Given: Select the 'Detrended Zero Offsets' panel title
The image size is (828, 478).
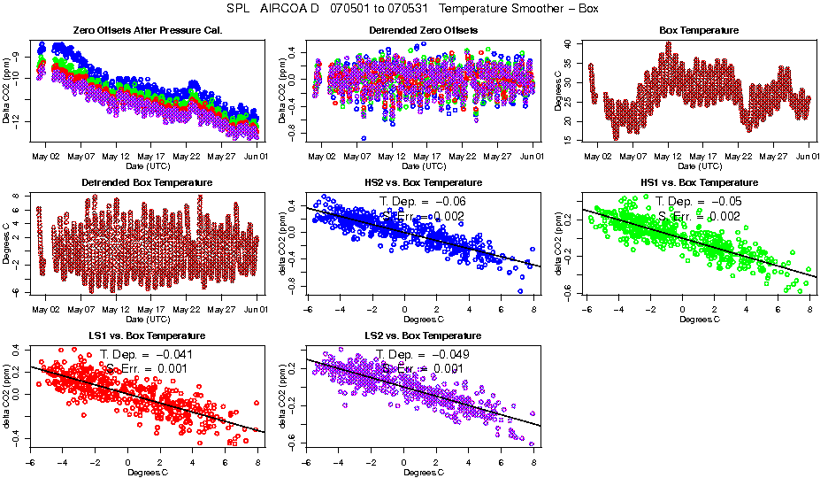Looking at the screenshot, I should pyautogui.click(x=423, y=31).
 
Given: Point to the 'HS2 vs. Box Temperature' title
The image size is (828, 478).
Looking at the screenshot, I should pyautogui.click(x=423, y=183).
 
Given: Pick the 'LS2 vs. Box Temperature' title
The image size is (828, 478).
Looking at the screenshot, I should pyautogui.click(x=423, y=336).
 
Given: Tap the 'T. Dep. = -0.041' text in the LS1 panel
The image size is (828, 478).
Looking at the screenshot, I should pyautogui.click(x=146, y=354).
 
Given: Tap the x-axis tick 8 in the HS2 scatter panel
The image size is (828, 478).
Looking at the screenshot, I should pyautogui.click(x=533, y=310).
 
